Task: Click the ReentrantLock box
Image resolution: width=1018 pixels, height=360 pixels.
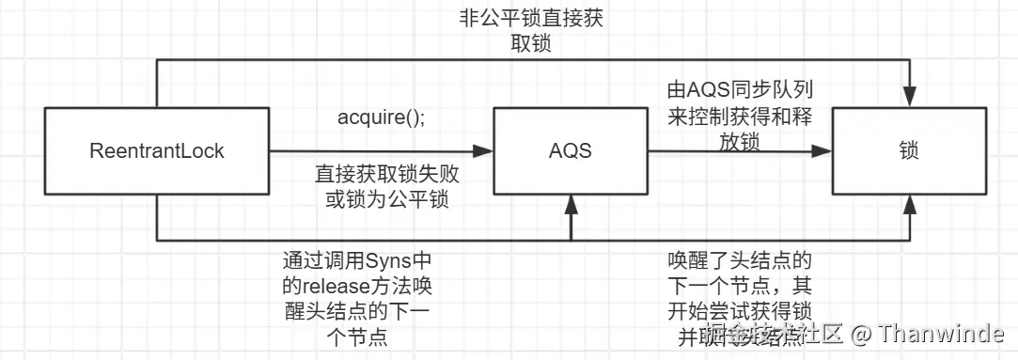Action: tap(157, 149)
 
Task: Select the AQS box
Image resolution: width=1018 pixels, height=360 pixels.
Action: tap(572, 149)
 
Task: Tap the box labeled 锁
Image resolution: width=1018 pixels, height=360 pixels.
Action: tap(909, 149)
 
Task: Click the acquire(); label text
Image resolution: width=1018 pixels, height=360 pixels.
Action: tap(381, 120)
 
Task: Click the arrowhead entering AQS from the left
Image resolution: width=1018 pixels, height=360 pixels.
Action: tap(486, 150)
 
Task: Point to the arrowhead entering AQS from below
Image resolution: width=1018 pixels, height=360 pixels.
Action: tap(572, 200)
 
